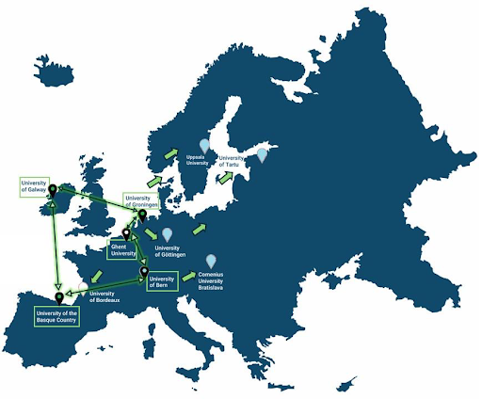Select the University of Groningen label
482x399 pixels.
tap(137, 201)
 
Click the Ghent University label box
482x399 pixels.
tap(123, 249)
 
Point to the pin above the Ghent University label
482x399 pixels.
tap(126, 233)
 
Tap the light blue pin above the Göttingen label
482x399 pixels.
tap(168, 234)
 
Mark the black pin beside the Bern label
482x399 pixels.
tap(144, 274)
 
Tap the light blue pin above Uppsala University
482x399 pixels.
tap(203, 143)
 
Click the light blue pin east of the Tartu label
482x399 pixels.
tap(263, 154)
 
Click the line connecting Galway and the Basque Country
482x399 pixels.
tap(56, 245)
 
